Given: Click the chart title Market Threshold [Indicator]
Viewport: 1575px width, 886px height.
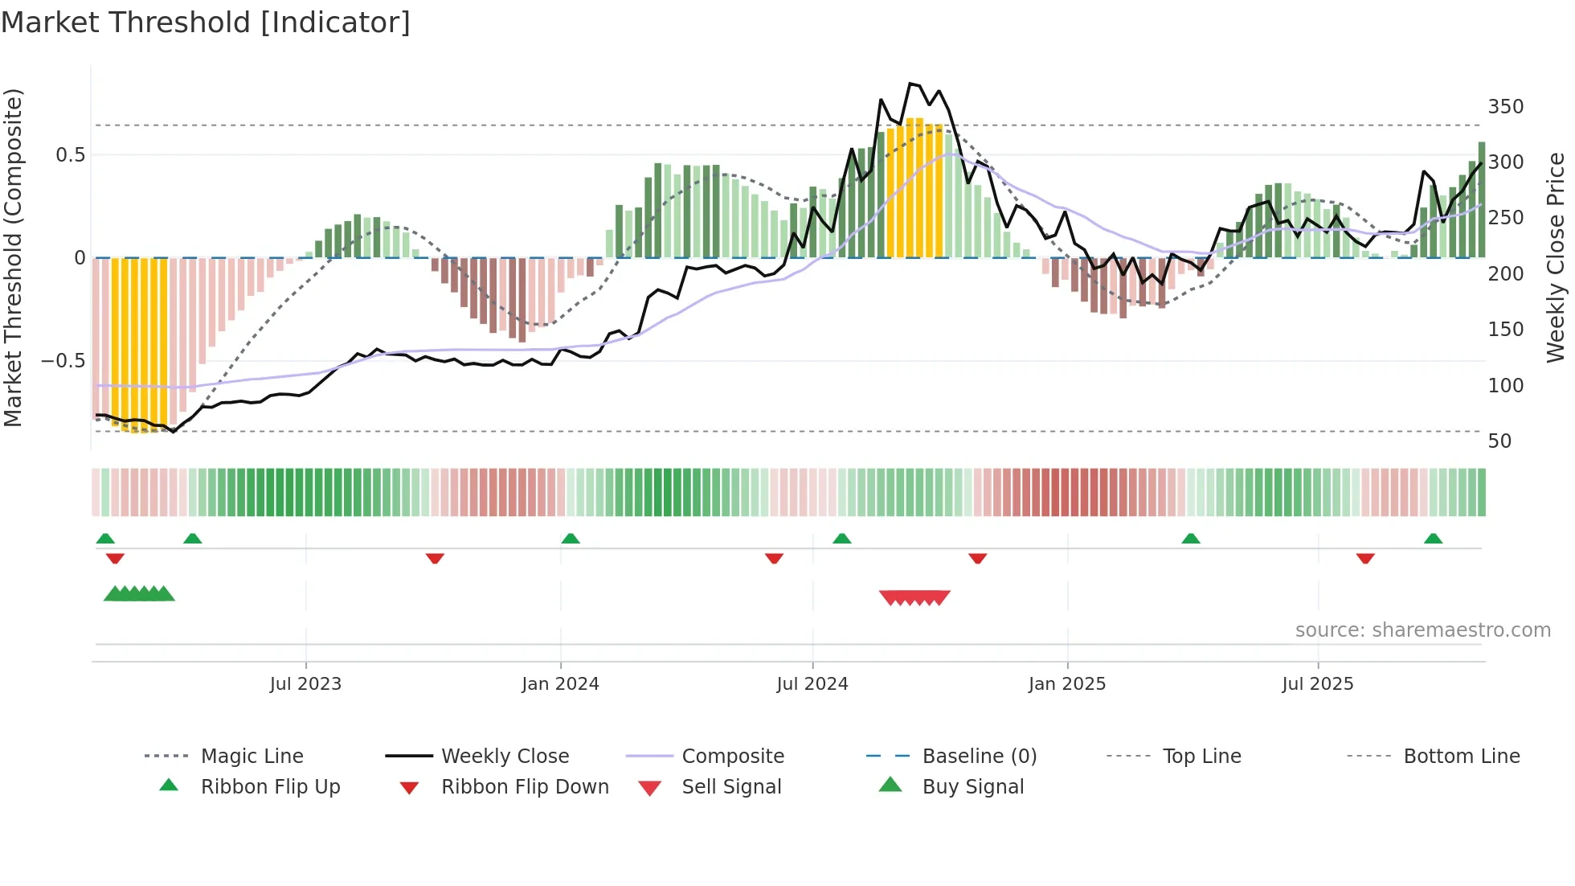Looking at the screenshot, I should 206,23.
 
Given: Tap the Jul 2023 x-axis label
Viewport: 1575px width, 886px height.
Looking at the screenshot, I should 305,684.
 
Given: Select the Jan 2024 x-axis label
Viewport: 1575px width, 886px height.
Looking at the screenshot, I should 560,684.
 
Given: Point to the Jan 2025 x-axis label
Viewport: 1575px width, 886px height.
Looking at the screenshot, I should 1067,684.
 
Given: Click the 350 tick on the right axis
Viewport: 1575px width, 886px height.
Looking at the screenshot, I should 1505,107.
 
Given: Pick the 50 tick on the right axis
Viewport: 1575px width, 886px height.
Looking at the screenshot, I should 1499,441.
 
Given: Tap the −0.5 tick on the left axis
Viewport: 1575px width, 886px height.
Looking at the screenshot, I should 63,361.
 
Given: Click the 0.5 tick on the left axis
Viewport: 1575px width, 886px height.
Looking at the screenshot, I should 70,155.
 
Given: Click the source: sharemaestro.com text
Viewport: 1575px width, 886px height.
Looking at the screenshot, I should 1422,630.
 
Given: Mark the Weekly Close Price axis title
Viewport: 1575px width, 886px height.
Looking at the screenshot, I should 1556,257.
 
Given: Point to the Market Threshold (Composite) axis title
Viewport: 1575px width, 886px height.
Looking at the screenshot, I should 13,257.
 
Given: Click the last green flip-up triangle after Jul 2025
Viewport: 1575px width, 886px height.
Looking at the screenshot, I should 1433,539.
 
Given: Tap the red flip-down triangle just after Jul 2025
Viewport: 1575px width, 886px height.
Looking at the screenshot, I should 1365,558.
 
